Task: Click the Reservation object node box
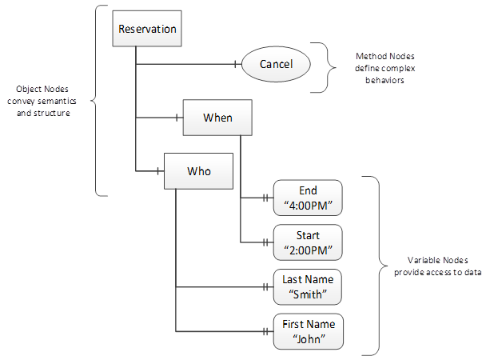pos(147,30)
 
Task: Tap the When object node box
pos(217,118)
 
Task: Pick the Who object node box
pos(198,170)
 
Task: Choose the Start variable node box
pos(308,242)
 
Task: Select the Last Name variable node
pos(308,286)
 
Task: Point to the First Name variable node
pos(308,330)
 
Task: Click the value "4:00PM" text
pos(308,206)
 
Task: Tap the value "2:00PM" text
pos(308,250)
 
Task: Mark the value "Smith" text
pos(308,294)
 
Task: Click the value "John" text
pos(308,338)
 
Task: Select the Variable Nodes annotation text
pos(437,266)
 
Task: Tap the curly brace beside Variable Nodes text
pos(369,264)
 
